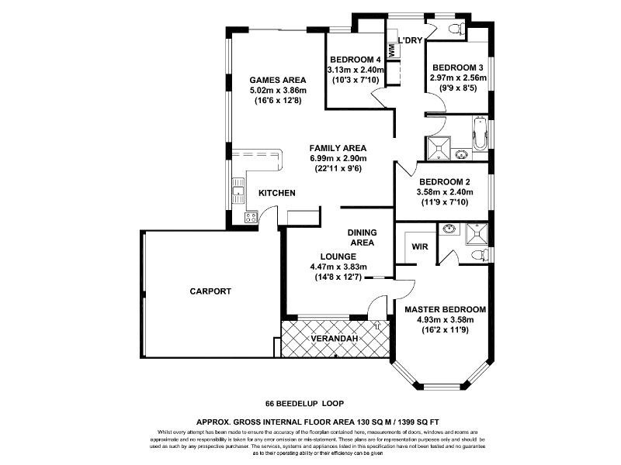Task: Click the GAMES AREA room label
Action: click(278, 80)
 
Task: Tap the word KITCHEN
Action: click(277, 193)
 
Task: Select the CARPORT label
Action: click(210, 291)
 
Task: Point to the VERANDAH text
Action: click(335, 339)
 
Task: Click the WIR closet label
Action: click(420, 246)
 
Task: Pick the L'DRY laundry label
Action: click(411, 40)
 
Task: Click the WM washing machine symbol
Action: click(392, 50)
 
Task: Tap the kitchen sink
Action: click(238, 191)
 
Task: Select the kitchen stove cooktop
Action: click(251, 217)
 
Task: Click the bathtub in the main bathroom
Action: click(479, 133)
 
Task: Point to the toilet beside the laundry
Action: click(458, 28)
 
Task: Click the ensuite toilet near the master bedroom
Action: click(480, 254)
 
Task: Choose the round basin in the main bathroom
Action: click(460, 154)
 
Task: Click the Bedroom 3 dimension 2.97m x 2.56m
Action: click(459, 78)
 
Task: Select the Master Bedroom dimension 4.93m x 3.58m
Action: click(445, 320)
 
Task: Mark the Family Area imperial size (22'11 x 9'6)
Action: click(338, 168)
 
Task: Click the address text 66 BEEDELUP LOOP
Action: click(304, 404)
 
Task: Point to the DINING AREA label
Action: click(362, 237)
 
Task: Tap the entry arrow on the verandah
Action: click(377, 326)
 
